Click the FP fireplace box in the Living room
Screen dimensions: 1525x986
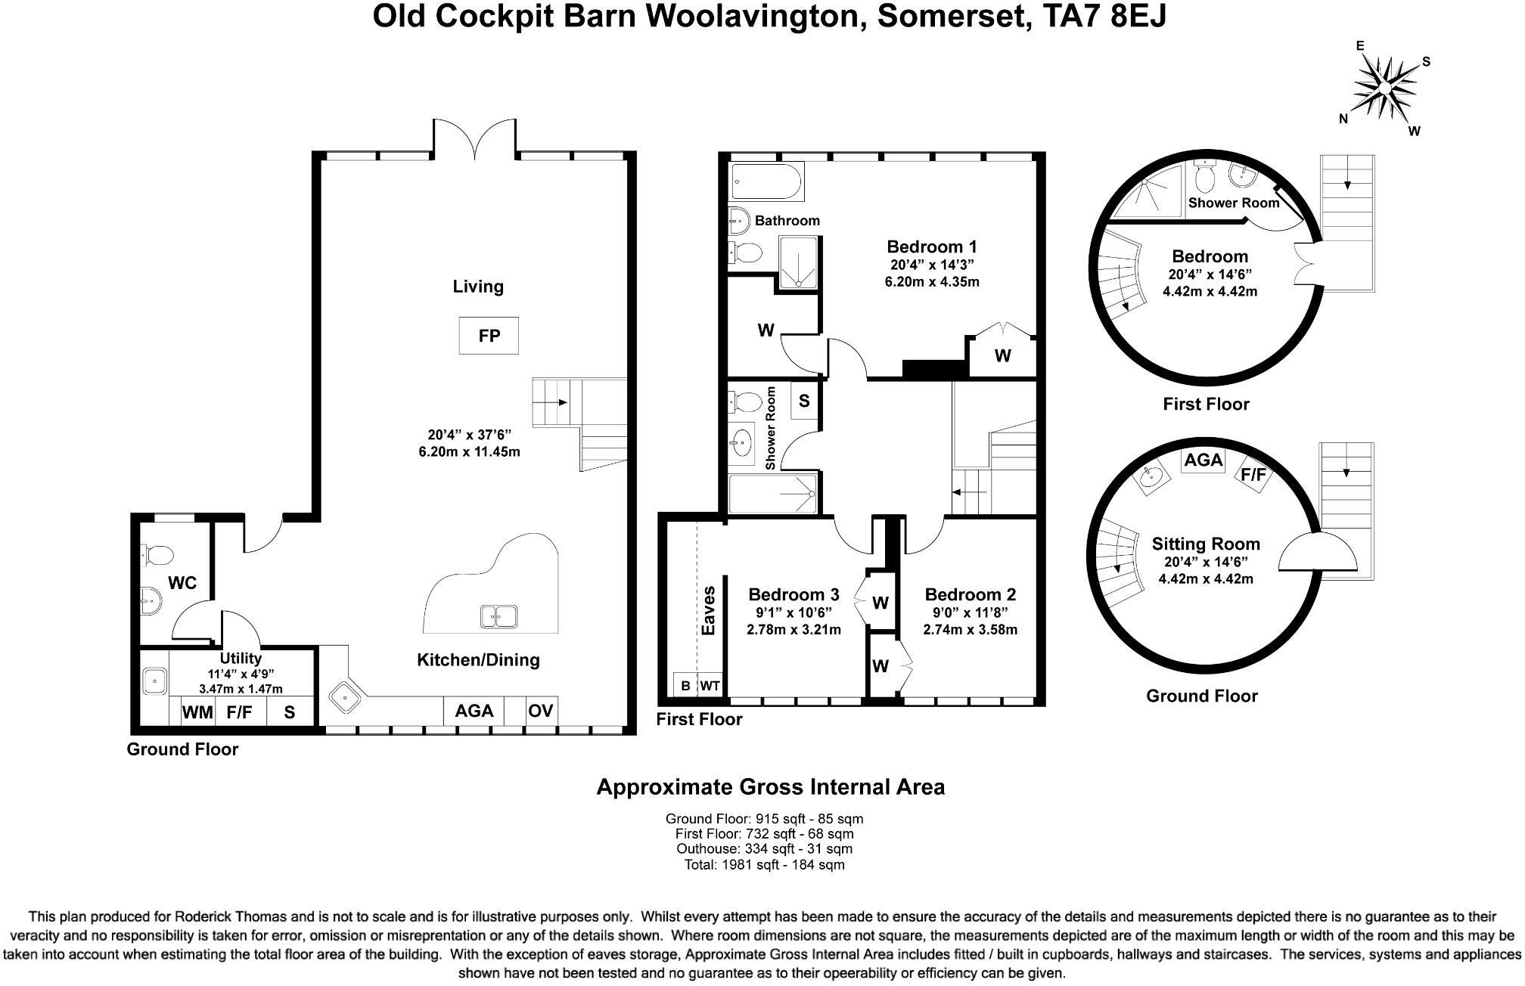pyautogui.click(x=489, y=335)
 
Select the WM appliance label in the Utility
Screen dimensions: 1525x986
pyautogui.click(x=197, y=712)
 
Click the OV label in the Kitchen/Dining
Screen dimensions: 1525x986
pyautogui.click(x=541, y=711)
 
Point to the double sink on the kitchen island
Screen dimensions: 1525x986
pyautogui.click(x=498, y=616)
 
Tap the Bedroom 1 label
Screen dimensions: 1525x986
pyautogui.click(x=932, y=246)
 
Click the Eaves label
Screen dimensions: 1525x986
pyautogui.click(x=709, y=610)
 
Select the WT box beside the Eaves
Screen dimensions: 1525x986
pyautogui.click(x=710, y=685)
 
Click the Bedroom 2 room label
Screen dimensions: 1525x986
pyautogui.click(x=970, y=594)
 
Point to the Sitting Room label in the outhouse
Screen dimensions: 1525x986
pyautogui.click(x=1206, y=544)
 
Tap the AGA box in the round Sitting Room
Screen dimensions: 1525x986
pyautogui.click(x=1204, y=460)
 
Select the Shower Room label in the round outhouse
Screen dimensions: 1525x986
pyautogui.click(x=1234, y=203)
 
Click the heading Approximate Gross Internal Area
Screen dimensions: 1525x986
pyautogui.click(x=771, y=787)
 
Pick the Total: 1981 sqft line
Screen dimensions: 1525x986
pyautogui.click(x=764, y=864)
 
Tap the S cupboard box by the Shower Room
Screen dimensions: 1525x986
pyautogui.click(x=804, y=401)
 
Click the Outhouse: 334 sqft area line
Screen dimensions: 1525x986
pyautogui.click(x=764, y=848)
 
